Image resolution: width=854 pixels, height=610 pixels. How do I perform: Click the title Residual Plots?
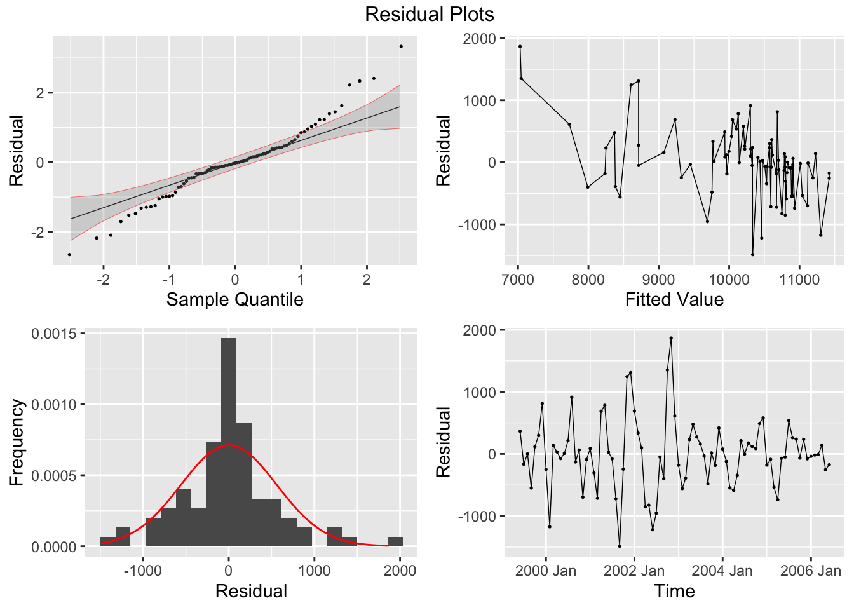click(429, 14)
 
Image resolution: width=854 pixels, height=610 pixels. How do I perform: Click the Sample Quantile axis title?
click(234, 299)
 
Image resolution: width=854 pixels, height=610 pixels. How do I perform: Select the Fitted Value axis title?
click(674, 299)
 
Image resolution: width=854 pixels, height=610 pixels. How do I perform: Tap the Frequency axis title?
click(17, 442)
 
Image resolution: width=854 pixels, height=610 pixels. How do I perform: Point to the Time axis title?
click(674, 592)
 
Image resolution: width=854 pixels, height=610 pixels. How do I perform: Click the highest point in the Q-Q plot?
click(401, 46)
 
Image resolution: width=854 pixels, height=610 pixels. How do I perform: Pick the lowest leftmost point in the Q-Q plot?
click(69, 254)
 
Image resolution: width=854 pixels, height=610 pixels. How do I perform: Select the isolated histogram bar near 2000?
click(395, 542)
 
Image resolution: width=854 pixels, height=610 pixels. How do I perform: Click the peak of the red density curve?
click(229, 445)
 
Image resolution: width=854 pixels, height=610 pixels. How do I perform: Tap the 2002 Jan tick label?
click(634, 571)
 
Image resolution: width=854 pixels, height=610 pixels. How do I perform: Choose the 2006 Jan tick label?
click(810, 571)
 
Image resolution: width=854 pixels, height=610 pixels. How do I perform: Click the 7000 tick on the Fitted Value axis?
click(518, 279)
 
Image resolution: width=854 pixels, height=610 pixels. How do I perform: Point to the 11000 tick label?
click(799, 279)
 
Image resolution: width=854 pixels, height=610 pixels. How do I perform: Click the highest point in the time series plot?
click(671, 338)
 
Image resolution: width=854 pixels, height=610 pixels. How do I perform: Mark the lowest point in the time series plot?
click(620, 546)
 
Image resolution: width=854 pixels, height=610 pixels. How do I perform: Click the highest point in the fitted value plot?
click(520, 46)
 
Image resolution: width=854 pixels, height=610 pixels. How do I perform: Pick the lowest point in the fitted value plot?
click(752, 254)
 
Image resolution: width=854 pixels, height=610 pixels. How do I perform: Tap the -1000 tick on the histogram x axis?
click(142, 571)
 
